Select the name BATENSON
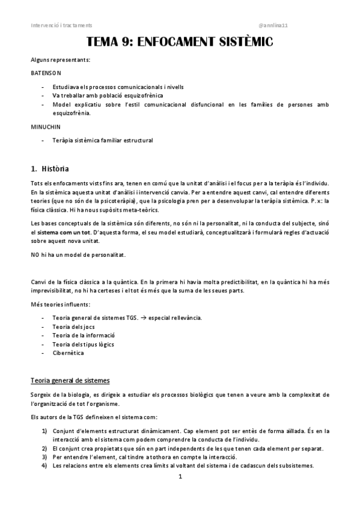tap(46, 73)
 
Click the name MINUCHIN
tap(45, 127)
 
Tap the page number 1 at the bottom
tap(180, 477)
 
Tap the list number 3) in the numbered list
tap(44, 457)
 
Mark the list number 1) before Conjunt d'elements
tap(44, 431)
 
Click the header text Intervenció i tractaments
tap(61, 25)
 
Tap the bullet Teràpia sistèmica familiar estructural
tap(103, 140)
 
